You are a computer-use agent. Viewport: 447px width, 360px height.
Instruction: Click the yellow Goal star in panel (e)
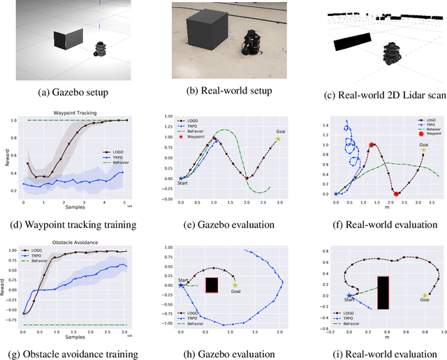pyautogui.click(x=278, y=139)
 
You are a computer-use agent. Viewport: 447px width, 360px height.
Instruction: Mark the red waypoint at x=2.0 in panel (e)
pyautogui.click(x=246, y=178)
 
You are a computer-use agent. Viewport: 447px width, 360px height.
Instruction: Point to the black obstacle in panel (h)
pyautogui.click(x=212, y=285)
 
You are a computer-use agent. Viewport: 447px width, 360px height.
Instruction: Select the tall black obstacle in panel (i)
pyautogui.click(x=382, y=292)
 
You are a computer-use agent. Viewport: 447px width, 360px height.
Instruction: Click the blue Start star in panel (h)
pyautogui.click(x=181, y=285)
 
